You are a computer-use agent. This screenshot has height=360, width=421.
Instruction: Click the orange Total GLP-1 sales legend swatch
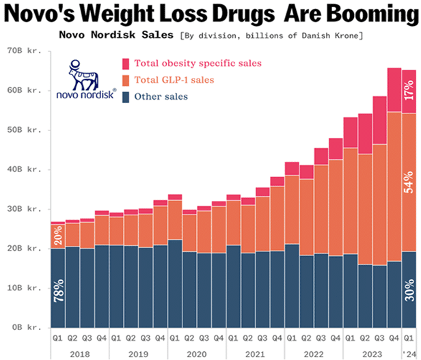[x=126, y=80]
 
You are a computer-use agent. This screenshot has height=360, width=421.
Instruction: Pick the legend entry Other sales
[x=161, y=96]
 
